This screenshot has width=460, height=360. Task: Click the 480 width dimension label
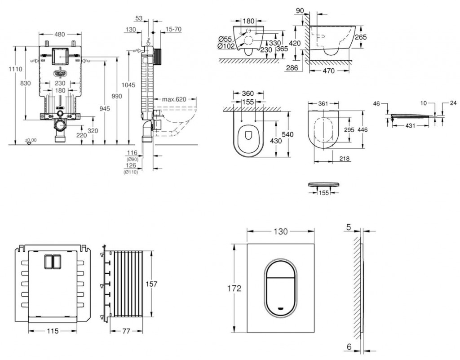click(60, 34)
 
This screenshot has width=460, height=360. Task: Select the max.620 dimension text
click(174, 99)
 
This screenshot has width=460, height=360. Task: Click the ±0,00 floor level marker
click(31, 140)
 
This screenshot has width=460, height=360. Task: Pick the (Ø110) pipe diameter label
click(132, 172)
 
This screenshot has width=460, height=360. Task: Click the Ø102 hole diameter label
click(224, 46)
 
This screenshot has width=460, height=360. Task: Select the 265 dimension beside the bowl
click(360, 37)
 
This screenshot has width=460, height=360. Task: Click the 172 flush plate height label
click(234, 288)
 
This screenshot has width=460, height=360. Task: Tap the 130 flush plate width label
click(280, 231)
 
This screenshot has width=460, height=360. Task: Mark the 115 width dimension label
click(53, 331)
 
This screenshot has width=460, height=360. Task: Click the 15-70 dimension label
click(173, 29)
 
